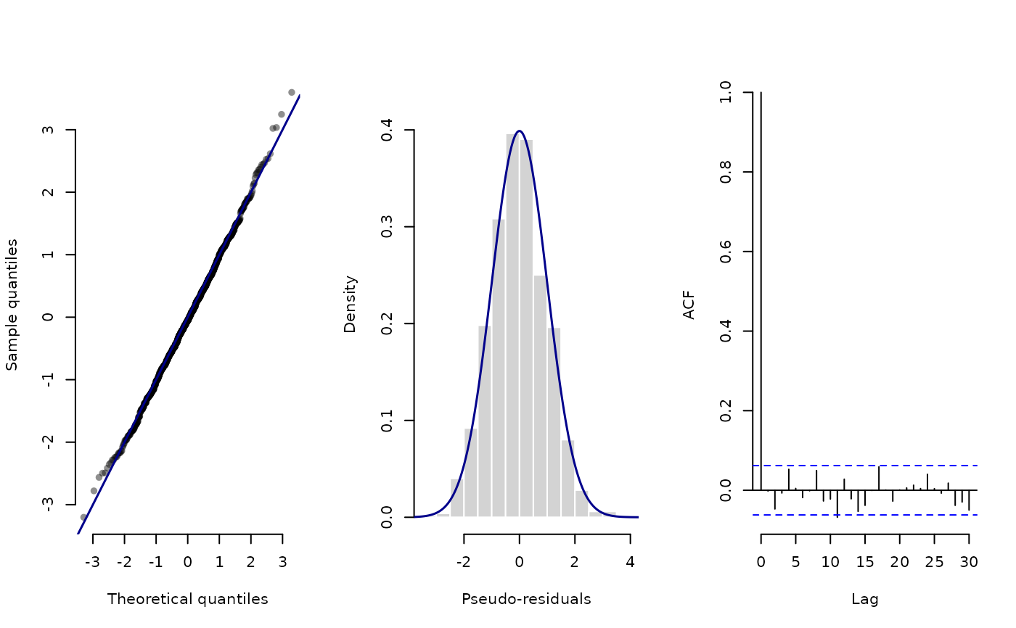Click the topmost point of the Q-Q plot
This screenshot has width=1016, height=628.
point(292,92)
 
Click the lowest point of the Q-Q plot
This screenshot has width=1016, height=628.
point(83,517)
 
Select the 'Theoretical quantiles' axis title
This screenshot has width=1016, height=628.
point(187,599)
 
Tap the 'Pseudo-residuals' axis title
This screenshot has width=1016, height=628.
point(526,599)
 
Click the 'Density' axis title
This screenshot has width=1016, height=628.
point(350,304)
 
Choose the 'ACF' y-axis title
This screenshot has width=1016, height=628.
point(689,305)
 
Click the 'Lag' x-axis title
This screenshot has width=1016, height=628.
point(864,599)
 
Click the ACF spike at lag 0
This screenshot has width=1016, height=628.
point(761,290)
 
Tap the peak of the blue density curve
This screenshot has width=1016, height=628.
point(519,131)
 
